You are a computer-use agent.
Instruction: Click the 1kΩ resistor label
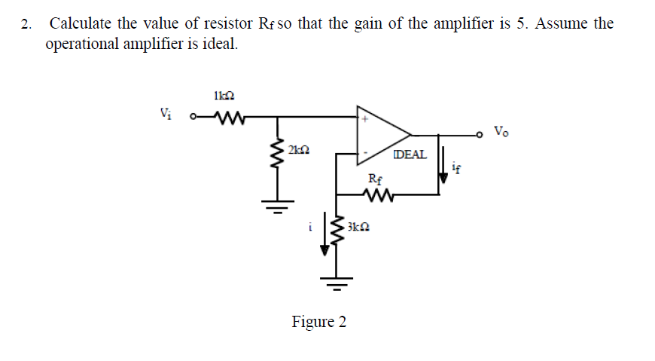[224, 96]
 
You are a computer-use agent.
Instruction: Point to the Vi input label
[166, 115]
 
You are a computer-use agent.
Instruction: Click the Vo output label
[501, 132]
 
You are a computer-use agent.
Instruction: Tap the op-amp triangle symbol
[391, 136]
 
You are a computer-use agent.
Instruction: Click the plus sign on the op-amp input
[365, 118]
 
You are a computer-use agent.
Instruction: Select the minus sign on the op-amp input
[365, 153]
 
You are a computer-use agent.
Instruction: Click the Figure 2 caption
[319, 323]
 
